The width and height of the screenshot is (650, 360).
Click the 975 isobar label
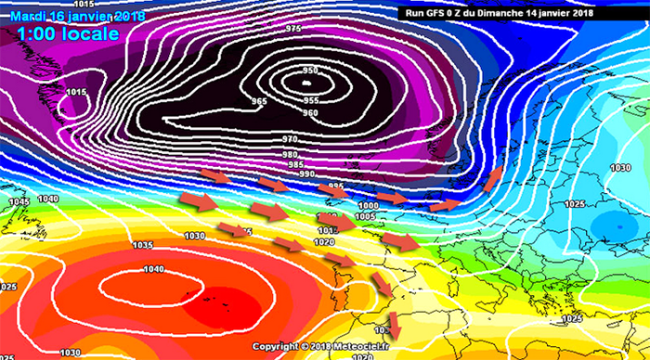[x=293, y=28]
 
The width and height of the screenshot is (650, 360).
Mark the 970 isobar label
[x=290, y=138]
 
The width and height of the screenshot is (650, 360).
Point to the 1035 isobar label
[x=143, y=245]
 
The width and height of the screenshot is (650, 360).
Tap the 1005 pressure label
[x=364, y=217]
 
